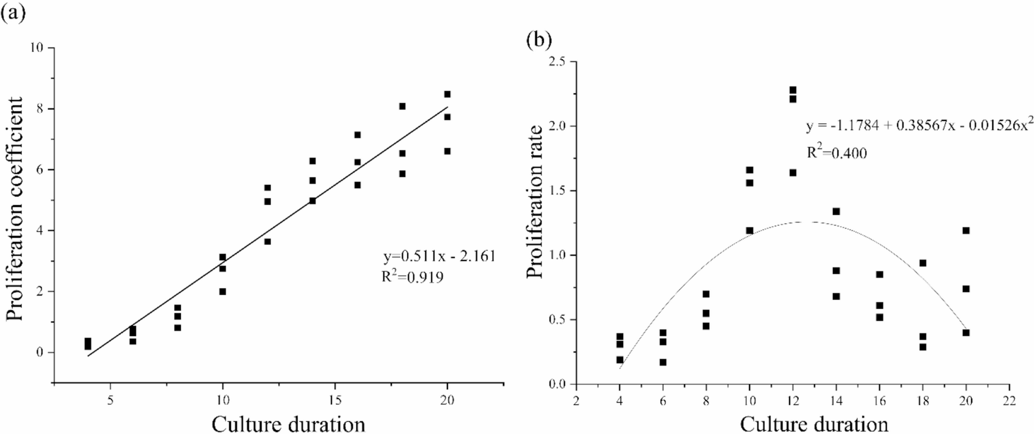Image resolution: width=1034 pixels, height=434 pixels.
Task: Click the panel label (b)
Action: click(539, 40)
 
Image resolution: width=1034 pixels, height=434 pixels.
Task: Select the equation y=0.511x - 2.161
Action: click(439, 256)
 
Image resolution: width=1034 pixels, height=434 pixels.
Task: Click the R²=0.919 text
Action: click(412, 277)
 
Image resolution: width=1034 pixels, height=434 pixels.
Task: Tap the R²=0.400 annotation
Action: click(836, 153)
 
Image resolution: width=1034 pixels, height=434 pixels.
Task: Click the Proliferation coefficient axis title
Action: click(15, 208)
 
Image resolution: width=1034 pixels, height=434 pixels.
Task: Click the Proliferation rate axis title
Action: click(536, 202)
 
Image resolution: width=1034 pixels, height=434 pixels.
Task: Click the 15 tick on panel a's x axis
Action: click(335, 400)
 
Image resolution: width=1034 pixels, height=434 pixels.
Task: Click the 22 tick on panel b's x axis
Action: click(1009, 401)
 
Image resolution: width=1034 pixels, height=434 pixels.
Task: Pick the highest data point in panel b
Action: click(793, 90)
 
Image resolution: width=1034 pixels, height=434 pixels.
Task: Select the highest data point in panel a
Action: click(447, 94)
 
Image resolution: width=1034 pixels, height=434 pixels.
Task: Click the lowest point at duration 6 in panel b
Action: click(663, 362)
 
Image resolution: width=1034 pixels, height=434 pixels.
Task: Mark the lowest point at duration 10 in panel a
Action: click(222, 292)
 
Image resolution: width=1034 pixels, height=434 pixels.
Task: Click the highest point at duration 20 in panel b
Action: click(966, 230)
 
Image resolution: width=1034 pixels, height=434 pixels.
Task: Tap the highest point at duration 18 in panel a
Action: click(402, 106)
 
